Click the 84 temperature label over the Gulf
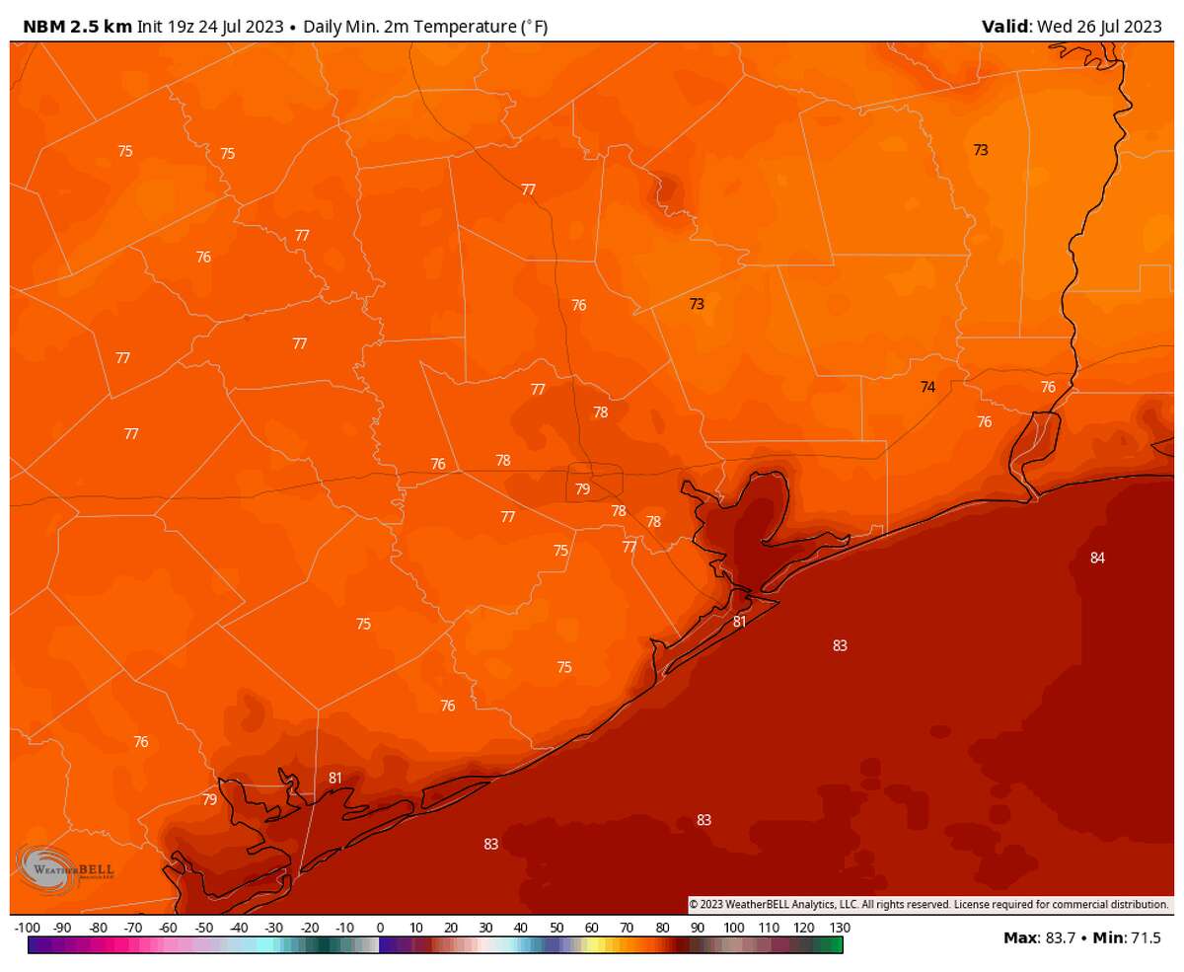[x=1097, y=559]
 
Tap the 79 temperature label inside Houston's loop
[x=582, y=489]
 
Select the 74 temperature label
[x=927, y=388]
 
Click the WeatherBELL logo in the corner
[x=65, y=867]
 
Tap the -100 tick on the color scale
[x=28, y=929]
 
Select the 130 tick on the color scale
[x=840, y=929]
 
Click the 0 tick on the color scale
[x=380, y=929]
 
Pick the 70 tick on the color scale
[x=627, y=929]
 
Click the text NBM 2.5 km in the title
[x=78, y=27]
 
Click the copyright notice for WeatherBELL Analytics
[x=927, y=904]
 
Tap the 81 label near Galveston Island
[x=739, y=622]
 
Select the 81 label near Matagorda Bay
[x=335, y=779]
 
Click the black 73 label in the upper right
[x=980, y=151]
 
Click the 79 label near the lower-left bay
[x=209, y=800]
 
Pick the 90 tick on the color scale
[x=698, y=929]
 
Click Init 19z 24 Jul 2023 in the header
[x=214, y=27]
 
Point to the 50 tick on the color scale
[x=556, y=929]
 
